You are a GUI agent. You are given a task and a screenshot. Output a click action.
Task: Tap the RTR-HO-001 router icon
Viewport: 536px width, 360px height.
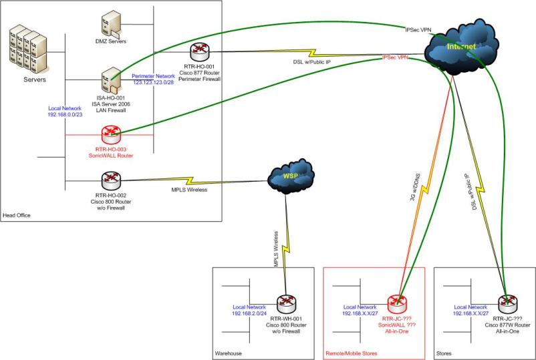click(x=198, y=53)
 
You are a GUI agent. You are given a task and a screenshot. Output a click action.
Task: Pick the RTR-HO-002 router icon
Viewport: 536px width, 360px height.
click(x=110, y=180)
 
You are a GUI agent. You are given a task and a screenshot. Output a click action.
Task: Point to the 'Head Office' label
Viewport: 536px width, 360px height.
click(x=17, y=215)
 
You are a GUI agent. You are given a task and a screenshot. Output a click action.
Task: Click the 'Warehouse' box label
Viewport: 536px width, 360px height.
click(x=229, y=353)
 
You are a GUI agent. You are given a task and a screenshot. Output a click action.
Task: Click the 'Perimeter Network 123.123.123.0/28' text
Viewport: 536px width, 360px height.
click(x=153, y=79)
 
